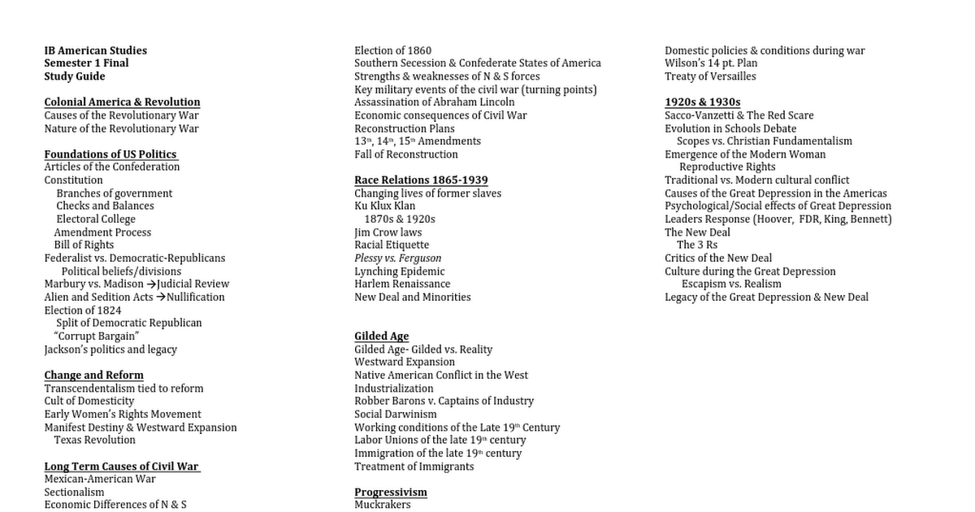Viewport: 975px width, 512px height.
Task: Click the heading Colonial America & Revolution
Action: tap(122, 102)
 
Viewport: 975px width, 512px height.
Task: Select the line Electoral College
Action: tap(96, 219)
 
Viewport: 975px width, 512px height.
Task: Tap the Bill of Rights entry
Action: tap(84, 245)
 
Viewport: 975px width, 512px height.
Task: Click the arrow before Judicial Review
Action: tap(151, 284)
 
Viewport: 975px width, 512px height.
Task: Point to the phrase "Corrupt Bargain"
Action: tap(97, 336)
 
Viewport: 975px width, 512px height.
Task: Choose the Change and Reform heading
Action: tap(93, 375)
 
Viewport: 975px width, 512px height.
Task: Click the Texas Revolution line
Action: tap(94, 440)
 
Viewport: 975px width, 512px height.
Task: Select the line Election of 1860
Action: tap(392, 50)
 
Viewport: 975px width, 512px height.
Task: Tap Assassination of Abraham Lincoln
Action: tap(434, 102)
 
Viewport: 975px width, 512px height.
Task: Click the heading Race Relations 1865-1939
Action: tap(421, 180)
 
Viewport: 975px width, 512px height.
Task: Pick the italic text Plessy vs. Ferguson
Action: tap(397, 258)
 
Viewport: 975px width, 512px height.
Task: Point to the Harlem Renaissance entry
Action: tap(401, 284)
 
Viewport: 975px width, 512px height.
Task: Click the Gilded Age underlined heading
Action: tap(381, 336)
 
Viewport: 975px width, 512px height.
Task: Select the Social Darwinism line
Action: tap(395, 414)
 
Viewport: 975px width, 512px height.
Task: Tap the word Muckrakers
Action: tap(382, 505)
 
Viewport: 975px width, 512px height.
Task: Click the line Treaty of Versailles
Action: tap(710, 76)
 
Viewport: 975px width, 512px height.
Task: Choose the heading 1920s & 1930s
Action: tap(702, 102)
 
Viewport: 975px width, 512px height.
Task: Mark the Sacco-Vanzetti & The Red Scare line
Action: tap(739, 115)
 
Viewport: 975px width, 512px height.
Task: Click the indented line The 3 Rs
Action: tap(697, 245)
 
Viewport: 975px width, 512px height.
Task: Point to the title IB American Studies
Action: tap(95, 50)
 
